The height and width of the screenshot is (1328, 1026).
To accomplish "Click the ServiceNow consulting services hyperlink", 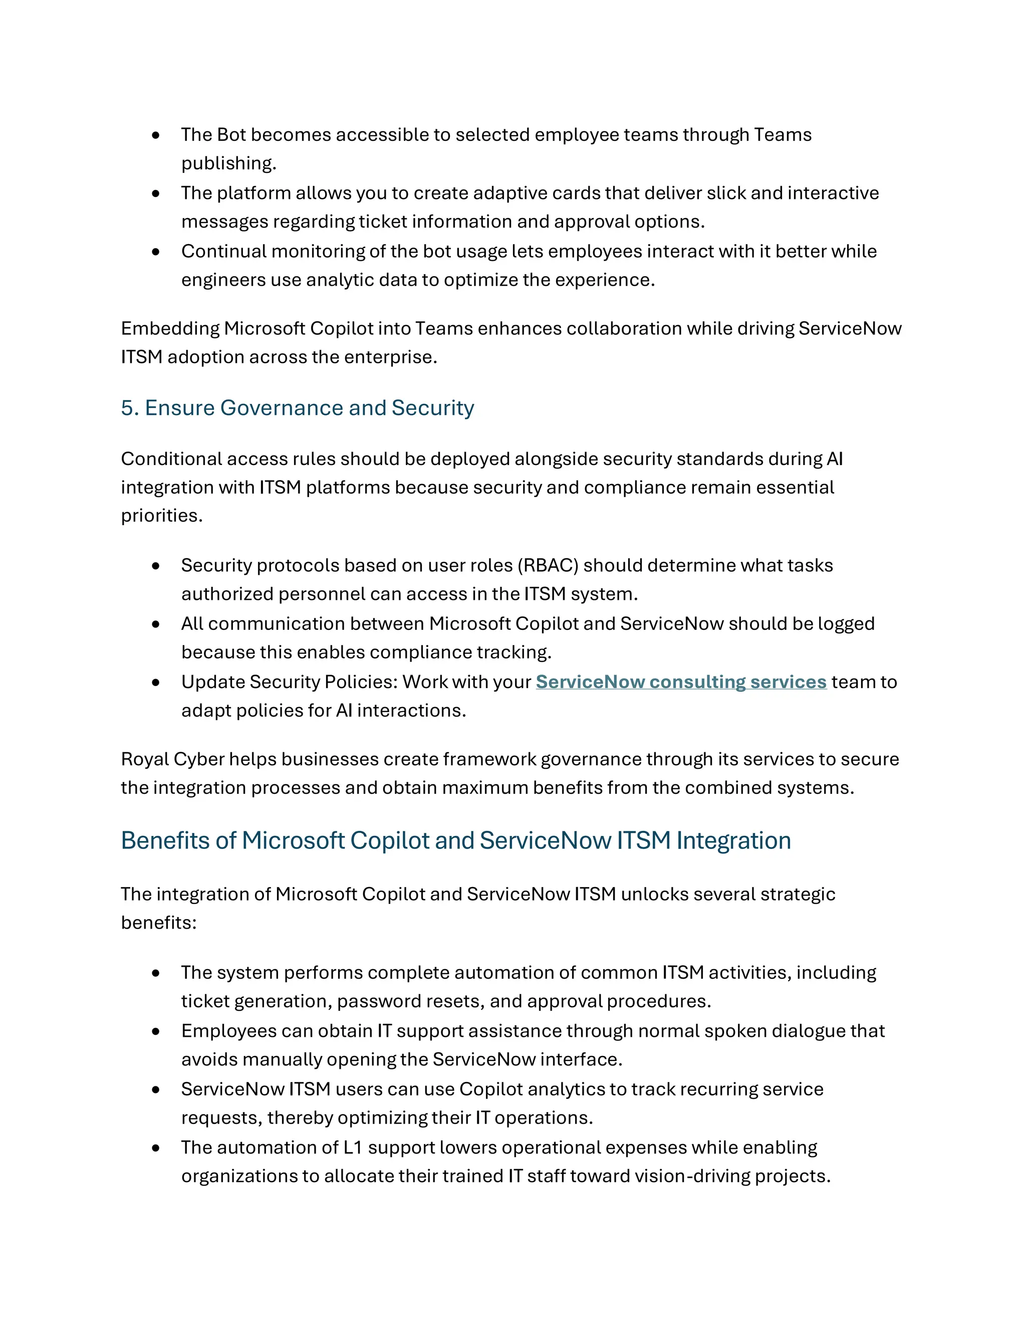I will click(681, 682).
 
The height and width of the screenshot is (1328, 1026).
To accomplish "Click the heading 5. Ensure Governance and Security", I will click(297, 407).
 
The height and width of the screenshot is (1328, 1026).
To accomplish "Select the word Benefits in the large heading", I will click(165, 840).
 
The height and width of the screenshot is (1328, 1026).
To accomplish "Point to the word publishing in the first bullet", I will click(227, 163).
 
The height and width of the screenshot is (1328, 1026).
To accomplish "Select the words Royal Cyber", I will click(173, 759).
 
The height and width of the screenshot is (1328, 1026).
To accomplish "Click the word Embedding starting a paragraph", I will click(170, 328).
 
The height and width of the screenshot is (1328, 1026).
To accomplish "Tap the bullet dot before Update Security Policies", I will click(156, 682).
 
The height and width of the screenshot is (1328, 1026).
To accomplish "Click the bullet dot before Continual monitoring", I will click(156, 252).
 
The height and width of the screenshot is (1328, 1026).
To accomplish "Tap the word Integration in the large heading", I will click(733, 840).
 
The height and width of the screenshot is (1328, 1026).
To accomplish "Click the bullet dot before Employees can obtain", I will click(156, 1031).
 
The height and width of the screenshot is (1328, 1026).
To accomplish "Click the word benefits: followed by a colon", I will click(159, 923).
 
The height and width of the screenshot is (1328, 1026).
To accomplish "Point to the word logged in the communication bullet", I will click(846, 624).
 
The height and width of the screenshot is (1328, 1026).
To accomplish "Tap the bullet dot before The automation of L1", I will click(156, 1148).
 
